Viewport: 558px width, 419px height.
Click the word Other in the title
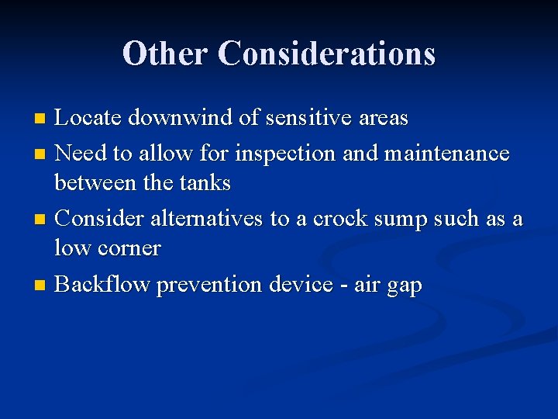165,54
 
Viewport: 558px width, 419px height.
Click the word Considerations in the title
326,54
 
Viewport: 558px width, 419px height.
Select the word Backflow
103,285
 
